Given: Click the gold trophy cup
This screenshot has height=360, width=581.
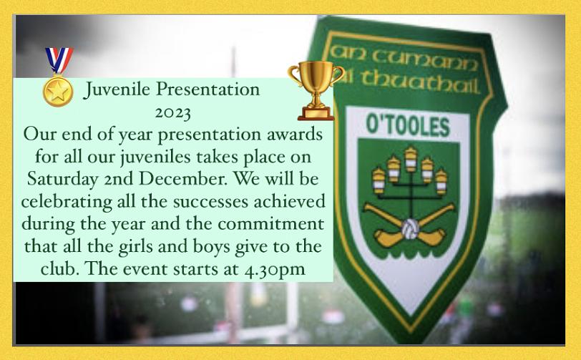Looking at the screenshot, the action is tap(316, 90).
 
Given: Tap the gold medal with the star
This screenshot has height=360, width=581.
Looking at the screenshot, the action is tap(58, 92).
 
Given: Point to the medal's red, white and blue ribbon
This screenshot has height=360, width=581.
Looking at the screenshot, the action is tap(59, 61).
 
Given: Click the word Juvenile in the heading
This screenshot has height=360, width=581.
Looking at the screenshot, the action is tap(117, 90).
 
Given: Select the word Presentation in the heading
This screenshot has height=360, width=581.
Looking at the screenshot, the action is tap(208, 90).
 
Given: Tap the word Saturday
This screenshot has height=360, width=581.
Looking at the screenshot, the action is tap(63, 180).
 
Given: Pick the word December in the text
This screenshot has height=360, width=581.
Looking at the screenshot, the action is tap(182, 179).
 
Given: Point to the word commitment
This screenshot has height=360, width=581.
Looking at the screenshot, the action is tap(270, 224).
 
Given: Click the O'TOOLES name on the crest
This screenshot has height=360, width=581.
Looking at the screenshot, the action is tap(408, 125).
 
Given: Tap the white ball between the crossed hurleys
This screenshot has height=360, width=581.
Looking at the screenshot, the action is tap(409, 229).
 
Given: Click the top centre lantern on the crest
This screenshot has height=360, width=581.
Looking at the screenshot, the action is tap(411, 160).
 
